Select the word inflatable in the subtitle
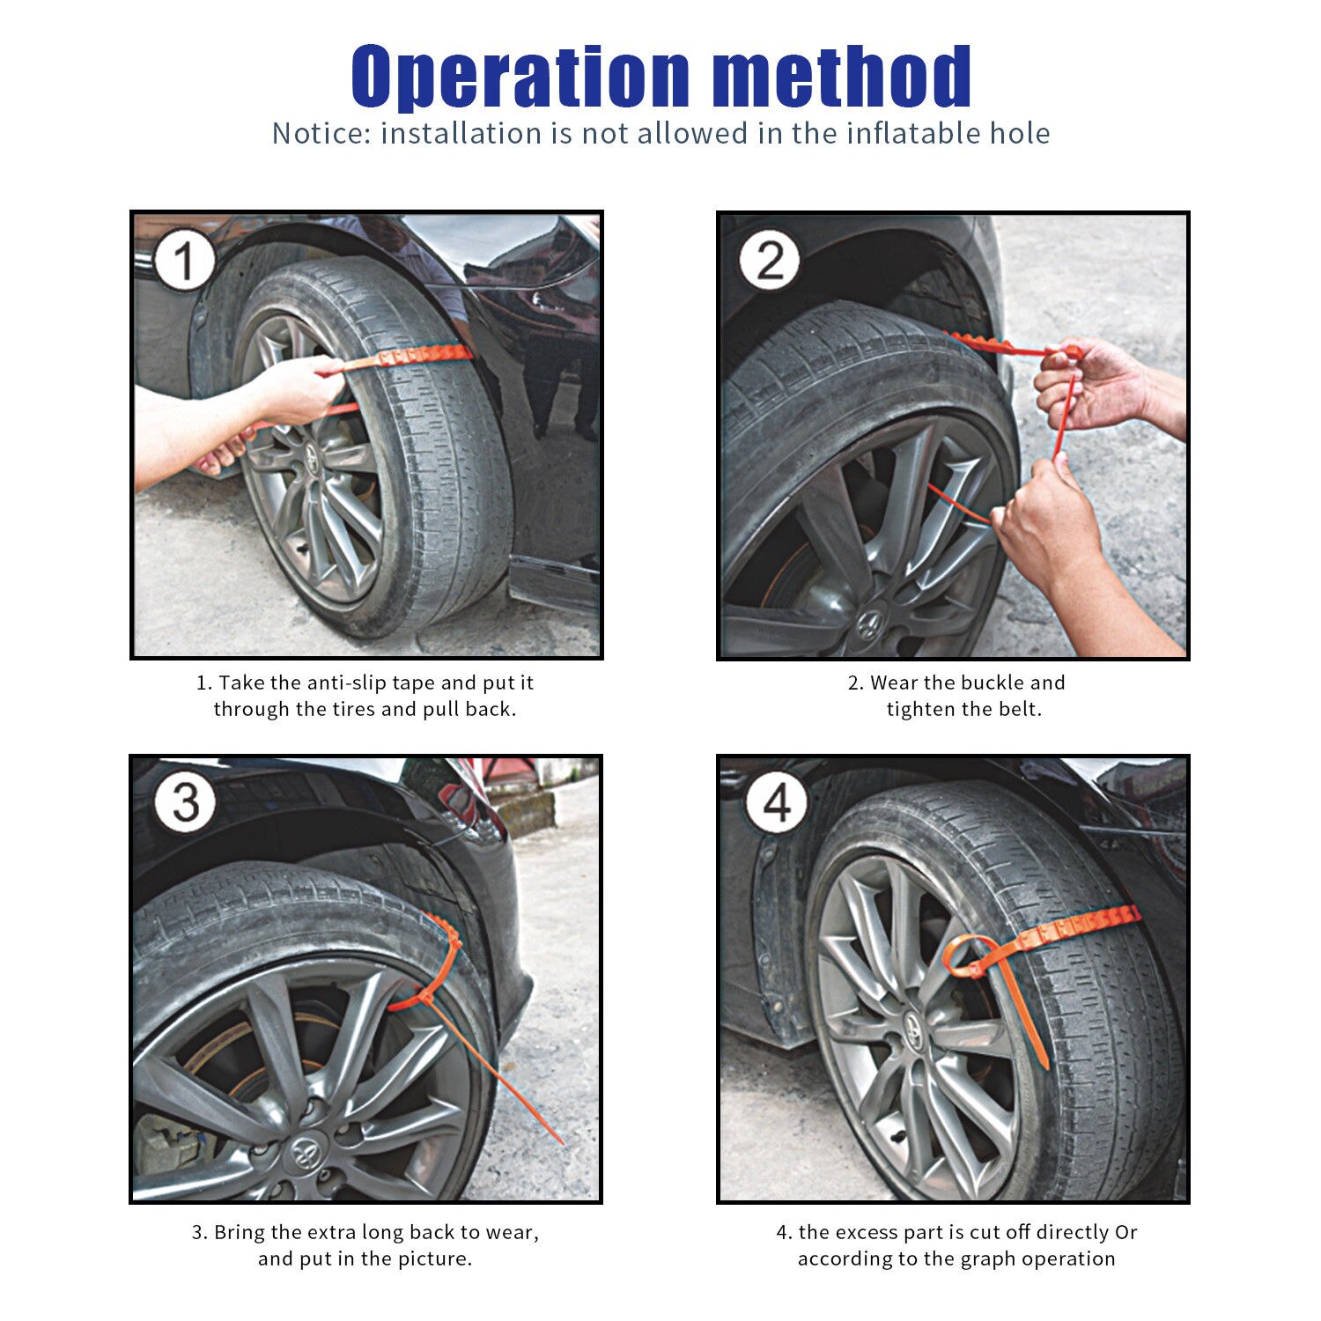(912, 134)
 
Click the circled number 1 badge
(184, 262)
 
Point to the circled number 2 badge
(771, 262)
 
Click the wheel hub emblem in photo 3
(305, 1148)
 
